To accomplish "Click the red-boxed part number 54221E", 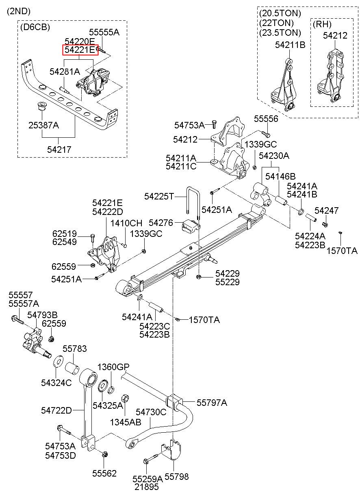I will pyautogui.click(x=80, y=50).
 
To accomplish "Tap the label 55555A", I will pyautogui.click(x=104, y=32).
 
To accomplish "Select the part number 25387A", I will pyautogui.click(x=43, y=125).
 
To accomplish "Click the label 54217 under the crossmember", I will pyautogui.click(x=59, y=150).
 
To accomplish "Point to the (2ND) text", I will pyautogui.click(x=18, y=11).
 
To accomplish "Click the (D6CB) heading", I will pyautogui.click(x=35, y=27).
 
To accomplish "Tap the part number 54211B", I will pyautogui.click(x=290, y=45).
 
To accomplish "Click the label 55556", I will pyautogui.click(x=266, y=119).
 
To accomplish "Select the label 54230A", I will pyautogui.click(x=274, y=156).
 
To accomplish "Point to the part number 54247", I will pyautogui.click(x=326, y=210).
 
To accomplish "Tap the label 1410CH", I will pyautogui.click(x=127, y=223).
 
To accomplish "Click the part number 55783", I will pyautogui.click(x=74, y=349).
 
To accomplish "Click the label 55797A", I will pyautogui.click(x=212, y=403).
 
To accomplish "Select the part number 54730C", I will pyautogui.click(x=151, y=412).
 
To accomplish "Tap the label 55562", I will pyautogui.click(x=104, y=473).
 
